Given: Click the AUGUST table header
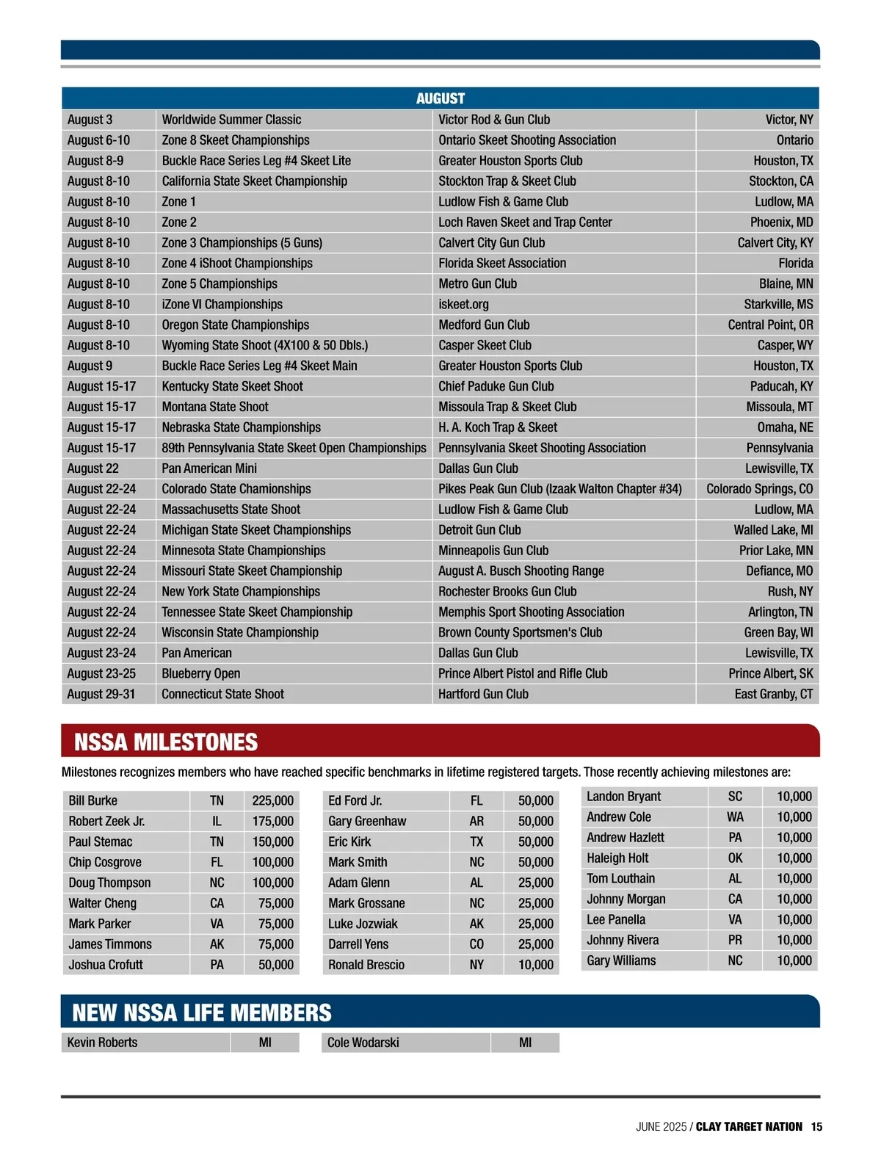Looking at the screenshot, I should point(440,98).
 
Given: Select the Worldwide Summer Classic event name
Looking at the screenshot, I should point(231,120).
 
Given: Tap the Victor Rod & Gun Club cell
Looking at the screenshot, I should point(493,120).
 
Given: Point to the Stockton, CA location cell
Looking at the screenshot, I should point(780,181).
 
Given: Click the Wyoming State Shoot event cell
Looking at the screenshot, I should point(264,345).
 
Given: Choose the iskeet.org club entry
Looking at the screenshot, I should point(463,304).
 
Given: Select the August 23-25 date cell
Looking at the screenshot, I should point(101,673).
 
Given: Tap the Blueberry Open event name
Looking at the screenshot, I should point(200,673).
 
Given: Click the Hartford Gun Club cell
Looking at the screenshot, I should point(483,694).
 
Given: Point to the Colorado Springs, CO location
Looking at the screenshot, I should point(759,489).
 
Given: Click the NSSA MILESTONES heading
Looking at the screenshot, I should point(166,742).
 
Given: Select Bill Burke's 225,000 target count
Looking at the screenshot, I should point(272,801).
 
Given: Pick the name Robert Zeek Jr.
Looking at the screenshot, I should point(106,822).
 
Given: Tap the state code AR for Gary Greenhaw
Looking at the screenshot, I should point(476,822).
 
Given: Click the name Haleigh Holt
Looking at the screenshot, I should point(617,858).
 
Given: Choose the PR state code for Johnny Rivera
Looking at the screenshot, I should point(735,941).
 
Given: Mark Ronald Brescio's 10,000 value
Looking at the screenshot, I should point(535,965).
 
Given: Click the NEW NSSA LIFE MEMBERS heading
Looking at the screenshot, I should point(202,1013).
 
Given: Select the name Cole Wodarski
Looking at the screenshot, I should point(363,1043).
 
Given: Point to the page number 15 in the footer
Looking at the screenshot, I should point(816,1127).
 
